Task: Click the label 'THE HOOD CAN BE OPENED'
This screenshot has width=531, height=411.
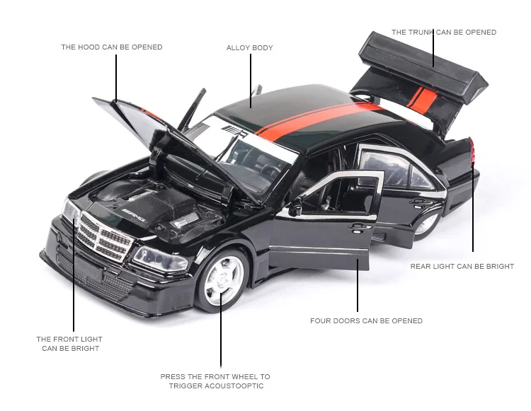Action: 111,47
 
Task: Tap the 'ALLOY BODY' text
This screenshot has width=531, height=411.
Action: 249,48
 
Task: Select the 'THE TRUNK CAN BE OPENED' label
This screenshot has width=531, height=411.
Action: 444,32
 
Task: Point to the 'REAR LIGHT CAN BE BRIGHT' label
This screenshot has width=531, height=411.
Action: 462,267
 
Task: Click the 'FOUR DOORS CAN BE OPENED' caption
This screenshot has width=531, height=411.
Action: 366,320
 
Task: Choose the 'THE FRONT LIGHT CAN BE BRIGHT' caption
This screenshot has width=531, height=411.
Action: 69,344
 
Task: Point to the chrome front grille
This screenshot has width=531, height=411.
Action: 103,233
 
